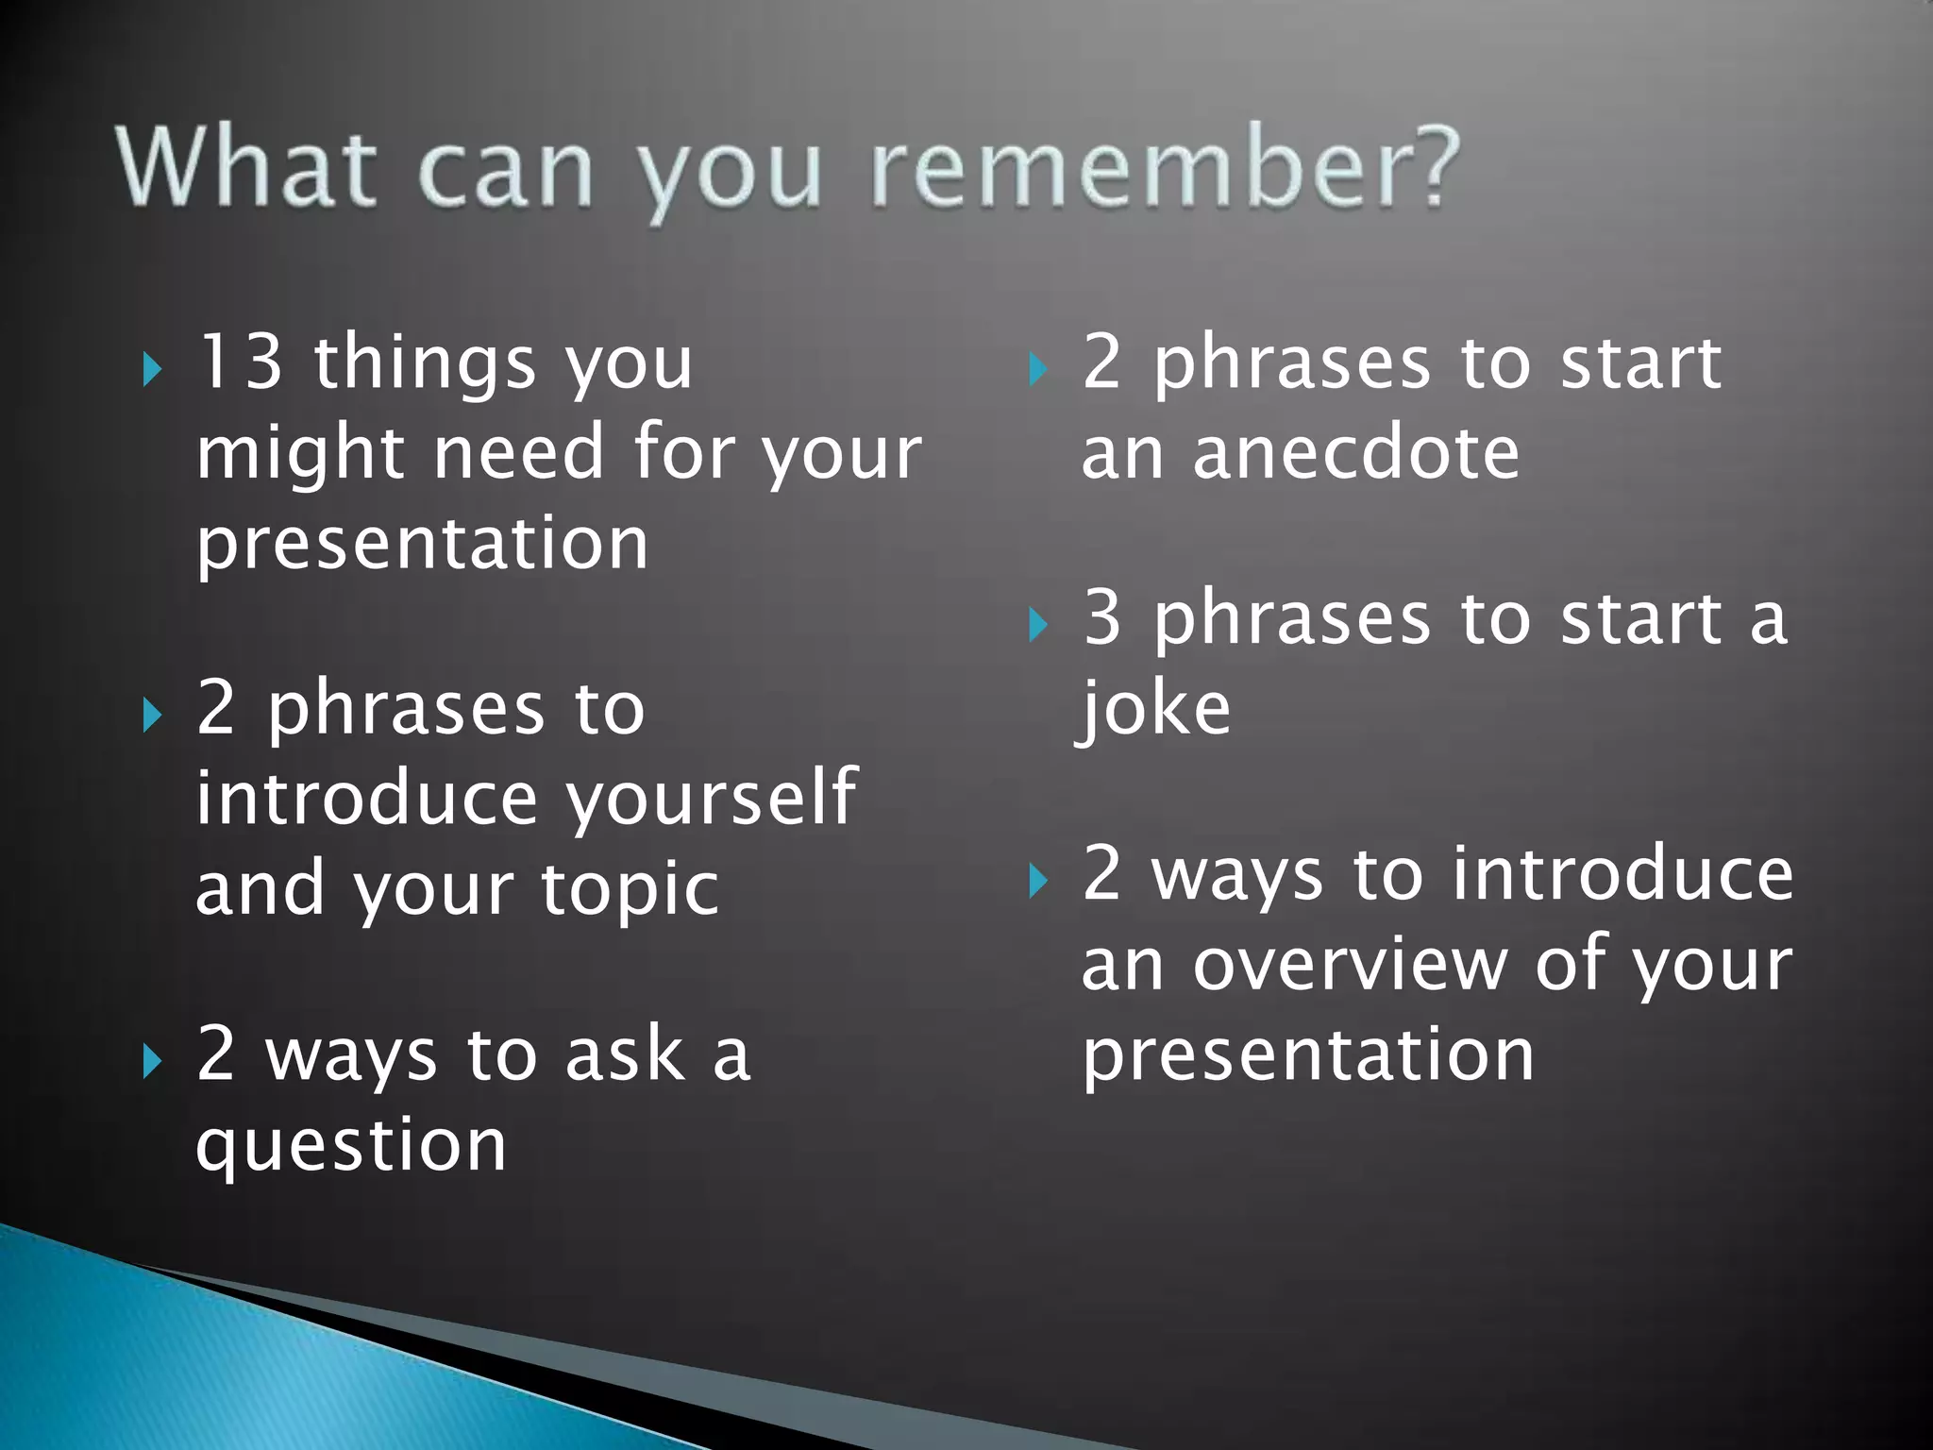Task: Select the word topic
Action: [630, 890]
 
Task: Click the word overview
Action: [1350, 965]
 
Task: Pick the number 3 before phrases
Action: [1101, 618]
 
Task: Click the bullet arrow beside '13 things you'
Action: [152, 370]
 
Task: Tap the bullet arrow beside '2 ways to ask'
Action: [152, 1062]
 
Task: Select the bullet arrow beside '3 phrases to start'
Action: [1037, 625]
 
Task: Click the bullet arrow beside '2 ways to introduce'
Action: [1037, 882]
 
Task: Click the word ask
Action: [623, 1054]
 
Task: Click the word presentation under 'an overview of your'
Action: [1308, 1056]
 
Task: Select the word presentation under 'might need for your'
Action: [422, 545]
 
